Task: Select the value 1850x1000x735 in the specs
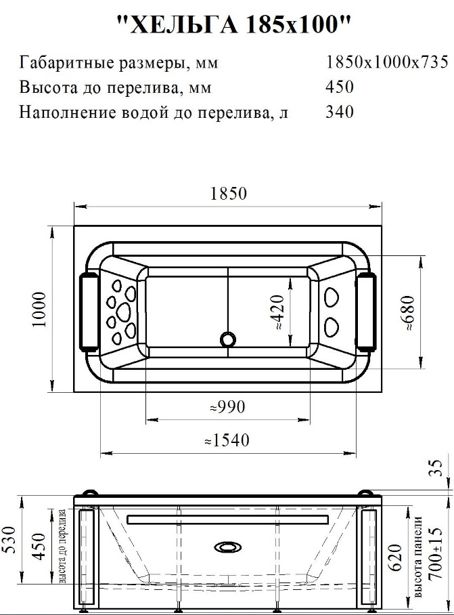[x=387, y=62]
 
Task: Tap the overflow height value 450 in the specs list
[x=340, y=87]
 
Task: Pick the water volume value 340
[x=340, y=112]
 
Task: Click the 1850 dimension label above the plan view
[x=229, y=193]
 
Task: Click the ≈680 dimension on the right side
[x=407, y=312]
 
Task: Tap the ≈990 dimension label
[x=227, y=407]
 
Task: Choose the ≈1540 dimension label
[x=227, y=440]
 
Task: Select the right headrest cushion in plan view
[x=366, y=310]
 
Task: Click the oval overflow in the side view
[x=228, y=547]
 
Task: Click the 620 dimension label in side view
[x=395, y=557]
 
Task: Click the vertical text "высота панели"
[x=418, y=557]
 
